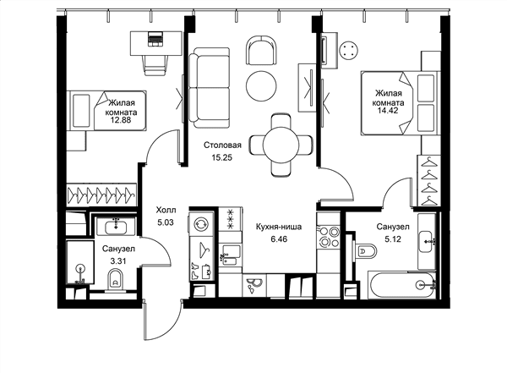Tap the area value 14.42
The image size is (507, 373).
pos(388,111)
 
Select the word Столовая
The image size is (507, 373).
pos(222,145)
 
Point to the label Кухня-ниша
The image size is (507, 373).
pos(279,227)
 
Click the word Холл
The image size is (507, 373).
pos(166,211)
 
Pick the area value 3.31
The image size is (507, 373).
pos(118,261)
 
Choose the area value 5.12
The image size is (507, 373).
pos(393,239)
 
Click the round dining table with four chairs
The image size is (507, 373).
pos(281,145)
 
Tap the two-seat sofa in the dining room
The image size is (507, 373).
pos(210,88)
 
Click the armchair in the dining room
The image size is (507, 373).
pos(262,50)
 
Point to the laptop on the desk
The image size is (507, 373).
pos(155,39)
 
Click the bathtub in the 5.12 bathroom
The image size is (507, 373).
pos(402,285)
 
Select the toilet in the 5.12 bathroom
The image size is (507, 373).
pos(365,251)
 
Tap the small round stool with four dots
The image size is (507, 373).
pos(349,50)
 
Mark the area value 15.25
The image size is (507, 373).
pos(221,157)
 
